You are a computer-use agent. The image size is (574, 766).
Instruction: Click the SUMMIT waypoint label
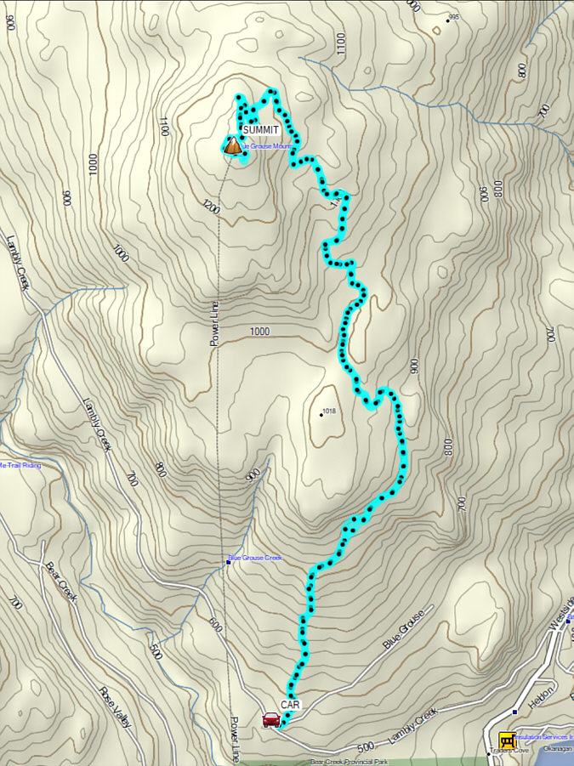pos(260,129)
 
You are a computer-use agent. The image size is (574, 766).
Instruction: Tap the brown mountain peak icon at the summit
pos(231,146)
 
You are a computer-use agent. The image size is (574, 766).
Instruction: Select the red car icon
pos(271,720)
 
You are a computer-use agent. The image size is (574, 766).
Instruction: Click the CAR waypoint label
pos(291,705)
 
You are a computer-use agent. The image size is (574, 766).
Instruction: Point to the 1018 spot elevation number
pos(332,411)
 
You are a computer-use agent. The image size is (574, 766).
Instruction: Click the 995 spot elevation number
pos(453,17)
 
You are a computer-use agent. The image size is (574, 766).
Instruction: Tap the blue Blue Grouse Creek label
pos(256,559)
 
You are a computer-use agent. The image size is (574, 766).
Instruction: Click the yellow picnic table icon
pos(508,740)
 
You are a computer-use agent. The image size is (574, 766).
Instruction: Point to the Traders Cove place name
pos(509,752)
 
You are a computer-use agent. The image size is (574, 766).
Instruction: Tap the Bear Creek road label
pos(61,582)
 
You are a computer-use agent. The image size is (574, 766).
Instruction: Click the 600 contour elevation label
pos(214,627)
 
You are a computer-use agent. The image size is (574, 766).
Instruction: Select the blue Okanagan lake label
pos(557,751)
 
